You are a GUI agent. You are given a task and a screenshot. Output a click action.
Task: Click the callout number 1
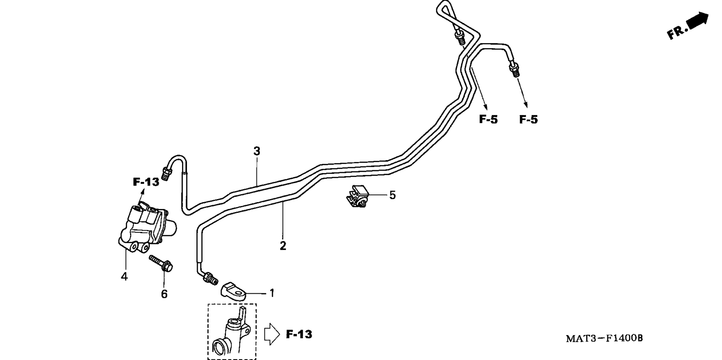coord(272,293)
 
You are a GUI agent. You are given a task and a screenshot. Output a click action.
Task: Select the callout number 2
coord(283,246)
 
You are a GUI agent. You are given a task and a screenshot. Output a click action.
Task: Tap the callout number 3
coord(257,151)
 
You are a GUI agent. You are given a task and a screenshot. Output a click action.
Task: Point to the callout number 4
coord(124,277)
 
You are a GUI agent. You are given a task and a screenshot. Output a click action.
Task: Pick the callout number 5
coord(392,195)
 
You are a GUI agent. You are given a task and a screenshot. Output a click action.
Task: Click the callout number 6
coord(164,294)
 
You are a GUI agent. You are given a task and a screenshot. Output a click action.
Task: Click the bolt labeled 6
coord(161,263)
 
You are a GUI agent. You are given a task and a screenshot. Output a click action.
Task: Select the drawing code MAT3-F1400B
coord(604,338)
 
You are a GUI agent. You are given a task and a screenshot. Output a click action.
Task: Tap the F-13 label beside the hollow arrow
coord(299,334)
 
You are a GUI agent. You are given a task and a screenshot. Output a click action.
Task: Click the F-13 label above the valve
coord(146,182)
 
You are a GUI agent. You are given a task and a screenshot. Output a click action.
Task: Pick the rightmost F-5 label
coord(528,119)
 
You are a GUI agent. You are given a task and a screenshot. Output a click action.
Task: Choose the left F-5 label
coord(488,119)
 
